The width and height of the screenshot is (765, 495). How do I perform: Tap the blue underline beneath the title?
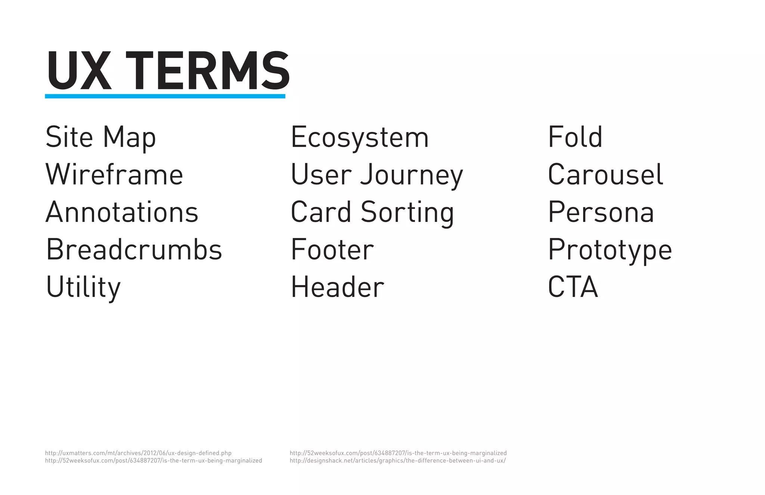pos(165,96)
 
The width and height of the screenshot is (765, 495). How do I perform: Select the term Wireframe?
pos(114,174)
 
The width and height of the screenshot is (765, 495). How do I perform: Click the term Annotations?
pos(122,212)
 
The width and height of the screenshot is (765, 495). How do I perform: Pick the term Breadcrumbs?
pos(134,249)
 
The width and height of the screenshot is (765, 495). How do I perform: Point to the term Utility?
pos(83,287)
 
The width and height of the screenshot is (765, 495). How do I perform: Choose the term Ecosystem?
pos(359,137)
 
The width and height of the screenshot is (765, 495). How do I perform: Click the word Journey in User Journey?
pos(411,175)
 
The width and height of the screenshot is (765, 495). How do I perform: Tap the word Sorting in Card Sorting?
pos(407,212)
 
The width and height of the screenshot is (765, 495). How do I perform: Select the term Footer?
pos(332,250)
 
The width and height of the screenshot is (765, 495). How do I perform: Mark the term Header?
pos(337,287)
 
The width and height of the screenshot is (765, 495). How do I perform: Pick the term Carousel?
pos(605,174)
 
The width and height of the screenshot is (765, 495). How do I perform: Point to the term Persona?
pos(601,212)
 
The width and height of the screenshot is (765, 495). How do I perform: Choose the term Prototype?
pos(610,250)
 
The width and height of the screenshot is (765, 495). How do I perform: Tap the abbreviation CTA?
pos(573,287)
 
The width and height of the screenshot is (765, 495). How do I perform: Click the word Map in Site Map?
pos(129,137)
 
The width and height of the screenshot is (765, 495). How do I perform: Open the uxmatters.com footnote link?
pos(138,453)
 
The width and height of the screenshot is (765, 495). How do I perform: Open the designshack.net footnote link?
pos(397,461)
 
